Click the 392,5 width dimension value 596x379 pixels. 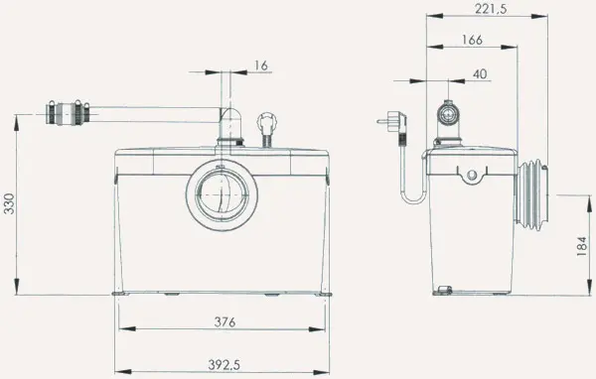coord(223,365)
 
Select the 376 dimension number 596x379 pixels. coord(225,322)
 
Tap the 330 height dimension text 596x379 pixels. coord(8,204)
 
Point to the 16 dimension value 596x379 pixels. coord(261,65)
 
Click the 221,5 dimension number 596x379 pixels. coord(491,8)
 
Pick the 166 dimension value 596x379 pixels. coord(472,40)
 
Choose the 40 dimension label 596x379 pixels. coord(480,73)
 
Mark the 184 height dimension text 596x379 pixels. coord(582,246)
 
